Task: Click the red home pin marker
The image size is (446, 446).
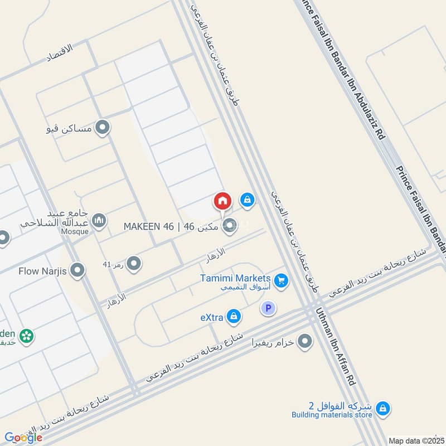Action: (222, 201)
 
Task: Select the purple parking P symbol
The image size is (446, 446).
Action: (269, 308)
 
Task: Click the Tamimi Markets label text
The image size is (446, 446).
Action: (236, 278)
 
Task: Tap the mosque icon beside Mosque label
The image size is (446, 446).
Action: (99, 221)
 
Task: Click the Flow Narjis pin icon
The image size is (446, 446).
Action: (78, 270)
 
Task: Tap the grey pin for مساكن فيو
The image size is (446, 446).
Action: (102, 128)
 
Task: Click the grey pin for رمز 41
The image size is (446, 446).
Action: (133, 264)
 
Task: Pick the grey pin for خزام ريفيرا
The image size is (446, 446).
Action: (304, 341)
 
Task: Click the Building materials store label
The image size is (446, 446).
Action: (332, 414)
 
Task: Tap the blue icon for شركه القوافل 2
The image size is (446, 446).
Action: (382, 409)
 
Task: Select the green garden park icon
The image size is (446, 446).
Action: (26, 336)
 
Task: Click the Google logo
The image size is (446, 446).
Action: (23, 437)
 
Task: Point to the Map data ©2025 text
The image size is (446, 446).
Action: (415, 440)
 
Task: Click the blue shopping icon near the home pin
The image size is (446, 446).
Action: (247, 199)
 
